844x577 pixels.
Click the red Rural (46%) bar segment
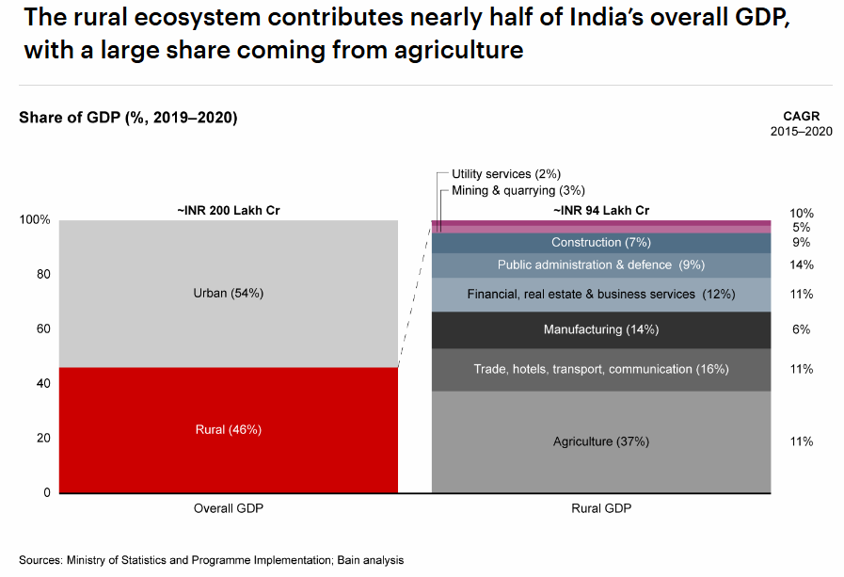(228, 429)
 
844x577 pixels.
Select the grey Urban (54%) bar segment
(228, 293)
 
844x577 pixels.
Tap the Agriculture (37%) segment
(600, 441)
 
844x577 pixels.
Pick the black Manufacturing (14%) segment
(600, 329)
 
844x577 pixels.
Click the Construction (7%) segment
(600, 243)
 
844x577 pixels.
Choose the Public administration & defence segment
(600, 264)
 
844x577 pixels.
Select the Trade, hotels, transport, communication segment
(600, 369)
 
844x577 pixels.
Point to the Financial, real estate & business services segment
(600, 295)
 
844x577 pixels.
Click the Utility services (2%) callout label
(506, 174)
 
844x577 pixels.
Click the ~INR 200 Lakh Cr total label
(229, 211)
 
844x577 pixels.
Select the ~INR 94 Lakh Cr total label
(601, 211)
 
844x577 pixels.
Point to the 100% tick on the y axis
(35, 220)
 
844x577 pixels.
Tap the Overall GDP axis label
(229, 508)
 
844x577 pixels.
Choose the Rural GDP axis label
(601, 508)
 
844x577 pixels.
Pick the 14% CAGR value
(802, 264)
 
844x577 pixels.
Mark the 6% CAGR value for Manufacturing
(802, 329)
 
